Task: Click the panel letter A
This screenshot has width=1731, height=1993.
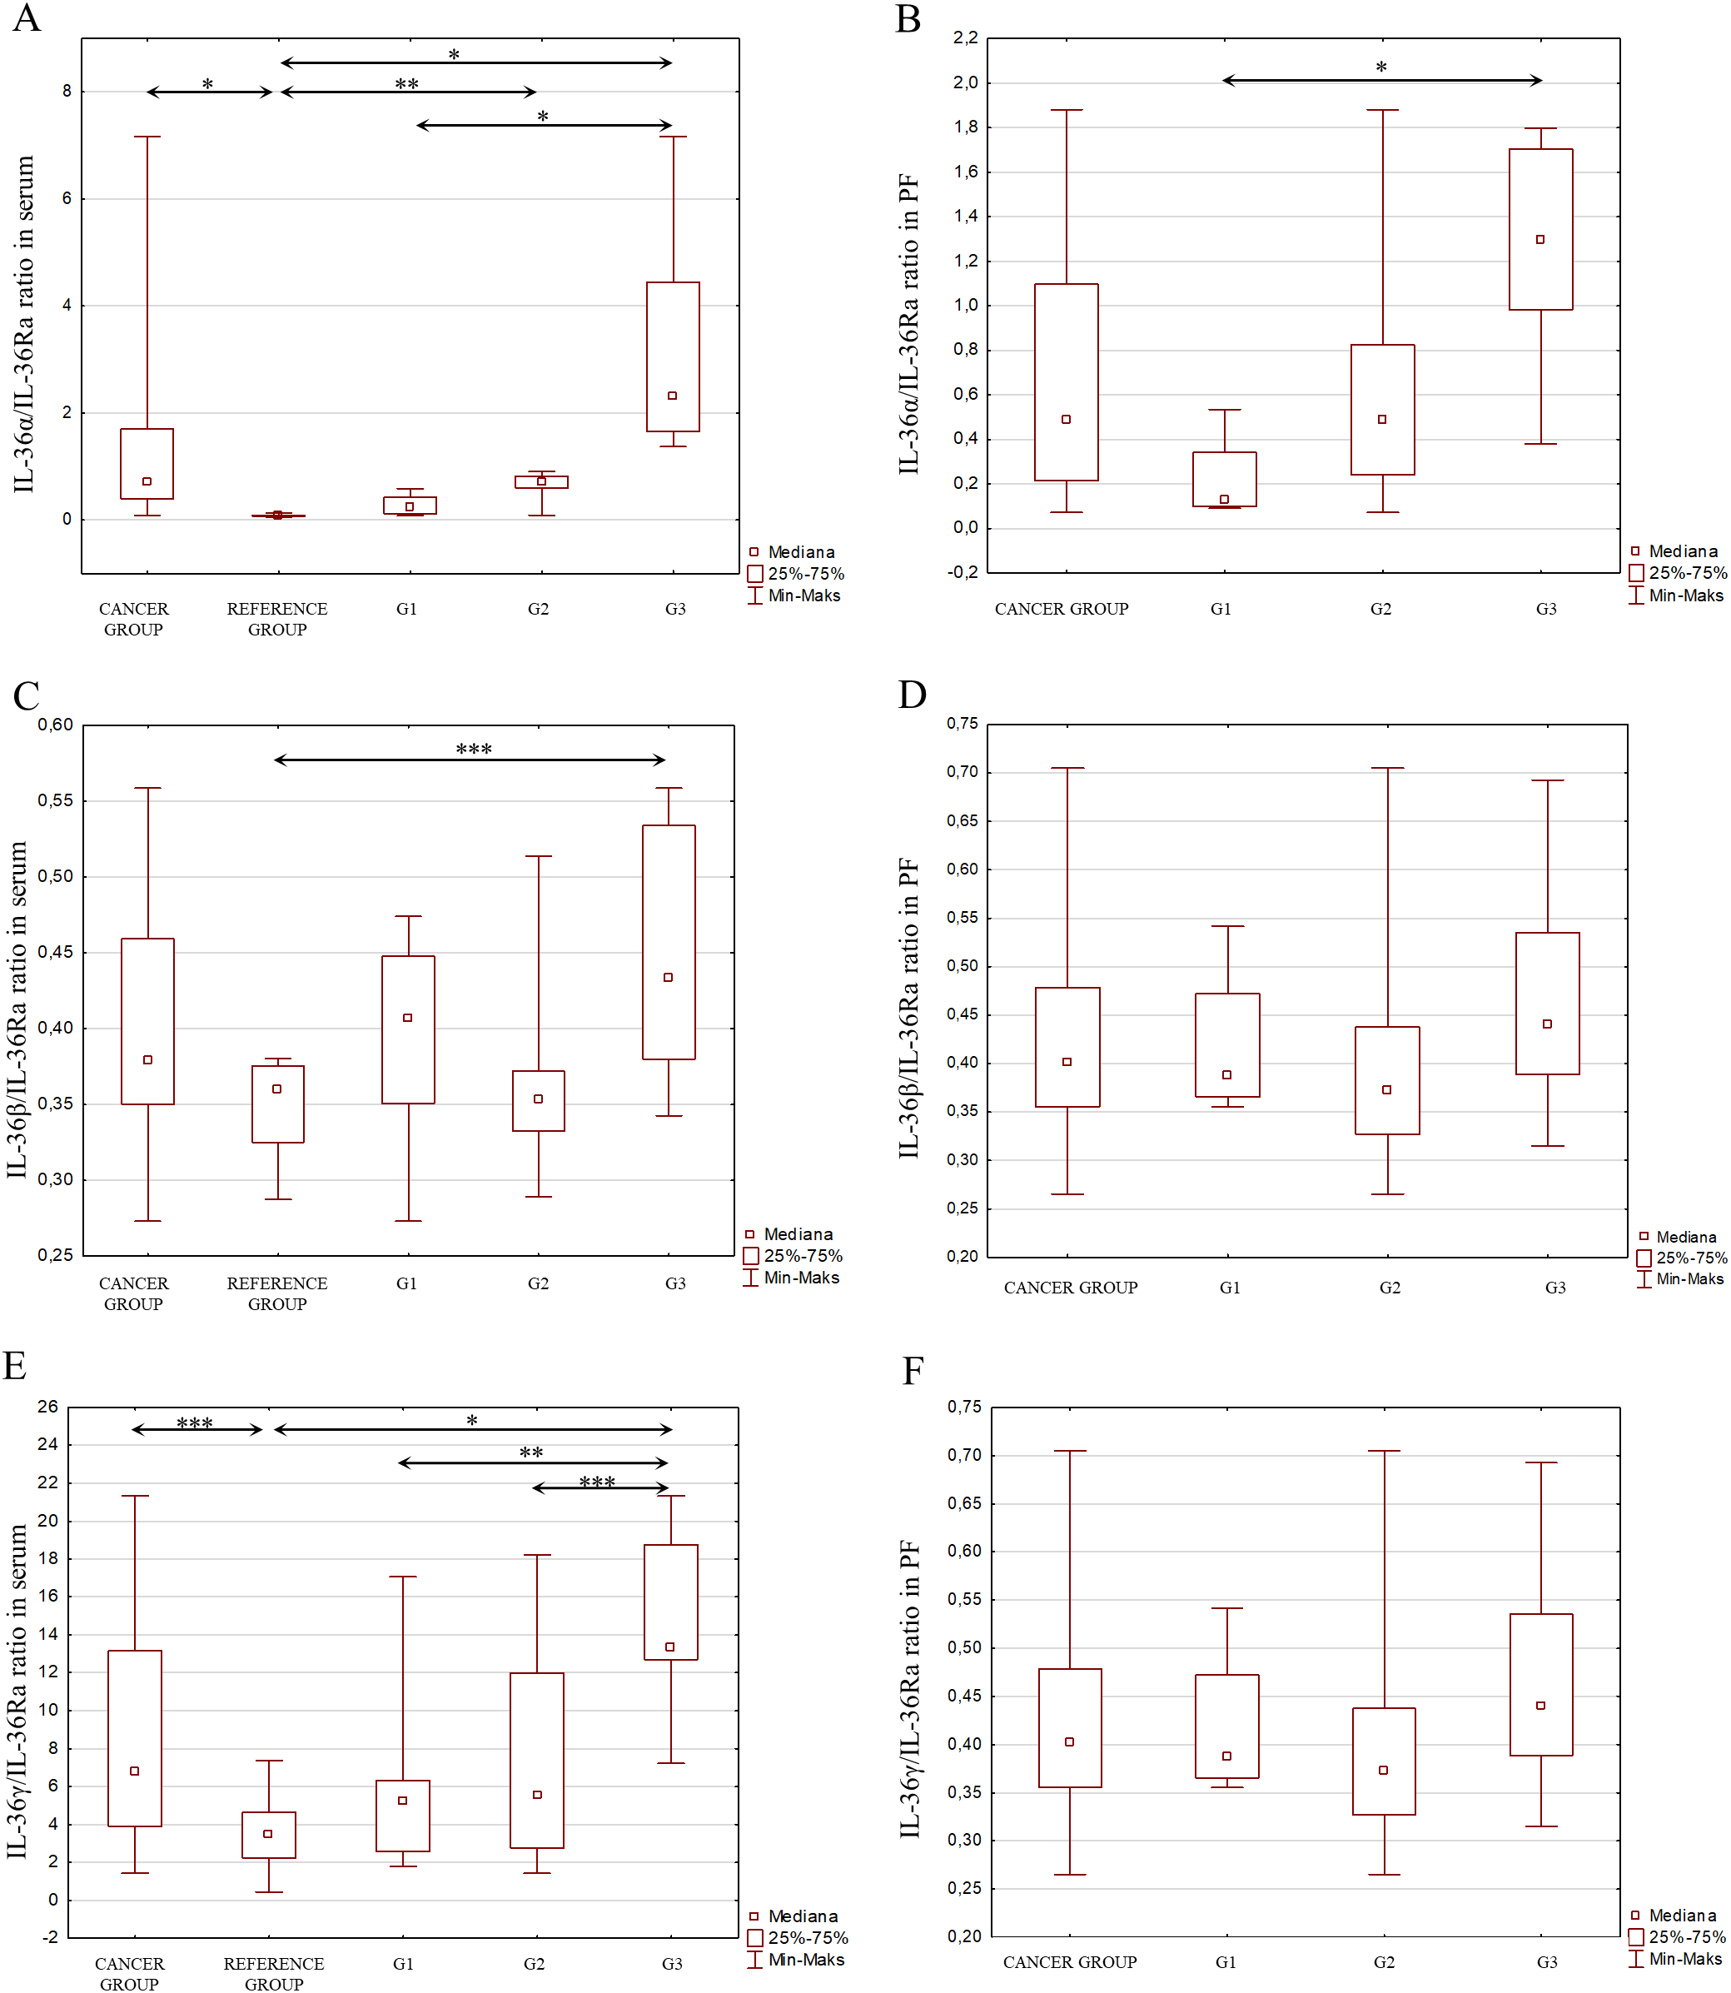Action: click(x=26, y=18)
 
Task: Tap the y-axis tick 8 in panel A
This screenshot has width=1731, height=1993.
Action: click(x=67, y=92)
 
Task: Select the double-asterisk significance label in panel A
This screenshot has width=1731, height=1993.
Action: click(x=406, y=84)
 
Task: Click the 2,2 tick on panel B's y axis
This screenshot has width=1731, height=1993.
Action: click(x=965, y=38)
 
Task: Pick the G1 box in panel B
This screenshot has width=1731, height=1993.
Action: click(x=1224, y=479)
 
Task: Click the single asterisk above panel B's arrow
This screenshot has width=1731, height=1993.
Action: click(x=1381, y=67)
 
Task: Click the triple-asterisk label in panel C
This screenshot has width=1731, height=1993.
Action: click(x=473, y=750)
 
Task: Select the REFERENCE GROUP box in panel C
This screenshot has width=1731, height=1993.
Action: click(x=278, y=1104)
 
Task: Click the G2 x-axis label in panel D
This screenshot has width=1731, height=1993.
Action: click(x=1389, y=1288)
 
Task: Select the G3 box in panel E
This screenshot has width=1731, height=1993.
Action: click(x=670, y=1602)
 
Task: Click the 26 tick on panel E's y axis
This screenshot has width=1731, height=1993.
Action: click(x=47, y=1407)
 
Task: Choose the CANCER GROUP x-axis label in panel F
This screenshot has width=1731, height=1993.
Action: click(x=1069, y=1962)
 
